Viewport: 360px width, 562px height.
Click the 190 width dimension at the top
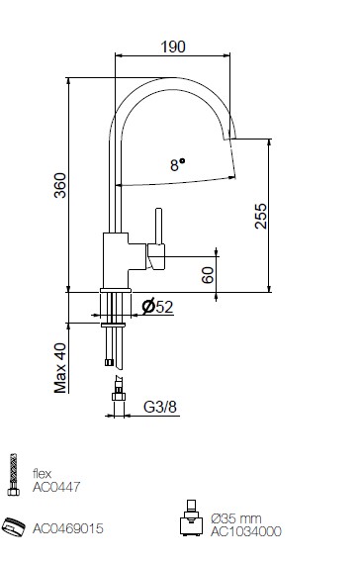click(173, 47)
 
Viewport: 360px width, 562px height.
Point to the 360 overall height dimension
click(60, 185)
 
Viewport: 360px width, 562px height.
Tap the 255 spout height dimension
click(261, 216)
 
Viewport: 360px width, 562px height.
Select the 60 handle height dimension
click(208, 275)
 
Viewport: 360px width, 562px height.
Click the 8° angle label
click(178, 165)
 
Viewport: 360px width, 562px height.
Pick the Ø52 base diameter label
click(157, 307)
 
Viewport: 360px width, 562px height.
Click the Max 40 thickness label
click(60, 368)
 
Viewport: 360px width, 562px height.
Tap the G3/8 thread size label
click(160, 407)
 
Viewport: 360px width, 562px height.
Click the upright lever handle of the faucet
click(158, 227)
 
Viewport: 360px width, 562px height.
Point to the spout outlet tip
click(229, 139)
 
